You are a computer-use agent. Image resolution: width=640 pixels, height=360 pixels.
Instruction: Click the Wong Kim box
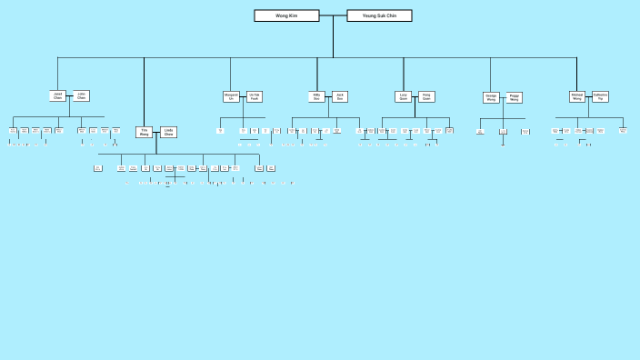pos(286,15)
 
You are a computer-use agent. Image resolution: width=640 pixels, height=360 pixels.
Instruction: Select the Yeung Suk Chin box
pos(380,15)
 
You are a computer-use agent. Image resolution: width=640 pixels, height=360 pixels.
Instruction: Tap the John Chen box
pos(82,95)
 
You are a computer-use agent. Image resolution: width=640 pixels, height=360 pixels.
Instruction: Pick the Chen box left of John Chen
pos(58,95)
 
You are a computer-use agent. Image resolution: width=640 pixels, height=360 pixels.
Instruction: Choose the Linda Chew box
pos(168,132)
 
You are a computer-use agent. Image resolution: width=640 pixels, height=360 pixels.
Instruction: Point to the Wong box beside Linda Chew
pos(145,132)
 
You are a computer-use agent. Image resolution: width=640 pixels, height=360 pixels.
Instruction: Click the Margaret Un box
pos(231,96)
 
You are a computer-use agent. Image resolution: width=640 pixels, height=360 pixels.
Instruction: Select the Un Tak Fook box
pos(255,96)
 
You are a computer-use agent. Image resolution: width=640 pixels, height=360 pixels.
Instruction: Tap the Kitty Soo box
pos(316,95)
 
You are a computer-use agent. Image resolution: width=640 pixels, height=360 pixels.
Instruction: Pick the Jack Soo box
pos(340,95)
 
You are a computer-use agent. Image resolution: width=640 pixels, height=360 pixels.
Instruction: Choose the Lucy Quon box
pos(404,95)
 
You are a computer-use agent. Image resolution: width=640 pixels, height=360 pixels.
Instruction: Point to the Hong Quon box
pos(426,95)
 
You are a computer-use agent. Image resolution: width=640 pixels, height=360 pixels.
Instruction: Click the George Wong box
pos(491,97)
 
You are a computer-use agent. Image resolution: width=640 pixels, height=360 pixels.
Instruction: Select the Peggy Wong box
pos(515,97)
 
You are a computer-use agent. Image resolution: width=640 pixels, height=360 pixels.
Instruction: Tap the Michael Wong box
pos(577,95)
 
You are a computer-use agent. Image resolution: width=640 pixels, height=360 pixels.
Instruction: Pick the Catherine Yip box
pos(601,95)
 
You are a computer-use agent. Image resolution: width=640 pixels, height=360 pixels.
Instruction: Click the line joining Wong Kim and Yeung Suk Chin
pos(334,15)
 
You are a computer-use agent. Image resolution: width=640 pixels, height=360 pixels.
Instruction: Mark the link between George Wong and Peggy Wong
pos(503,97)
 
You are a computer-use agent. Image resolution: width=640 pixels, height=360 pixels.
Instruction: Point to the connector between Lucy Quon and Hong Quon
pos(415,95)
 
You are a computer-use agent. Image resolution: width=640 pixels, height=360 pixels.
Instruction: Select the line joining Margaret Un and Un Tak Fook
pos(243,96)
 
